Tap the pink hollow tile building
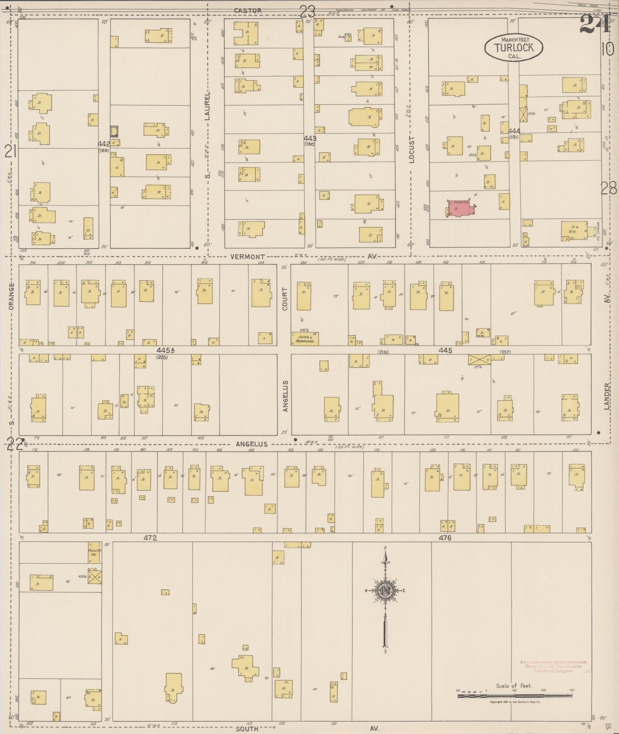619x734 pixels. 461,209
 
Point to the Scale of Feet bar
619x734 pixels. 514,695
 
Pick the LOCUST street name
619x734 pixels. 412,150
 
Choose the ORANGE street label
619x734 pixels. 11,296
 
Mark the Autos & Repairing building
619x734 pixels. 305,339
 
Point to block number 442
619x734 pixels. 104,144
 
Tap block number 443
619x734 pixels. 310,138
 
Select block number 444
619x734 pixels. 514,131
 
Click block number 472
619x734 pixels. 150,538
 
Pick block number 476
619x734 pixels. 445,538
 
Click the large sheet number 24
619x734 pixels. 594,24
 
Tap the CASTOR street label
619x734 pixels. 248,11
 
